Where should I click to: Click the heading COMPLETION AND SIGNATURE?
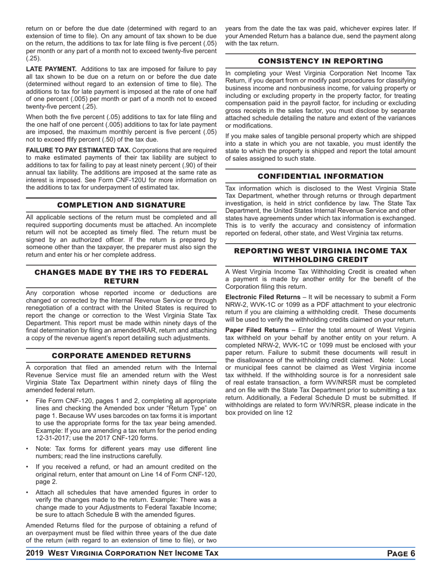click(x=121, y=205)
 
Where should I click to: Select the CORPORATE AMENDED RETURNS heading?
click(x=121, y=355)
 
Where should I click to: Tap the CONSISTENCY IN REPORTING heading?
click(x=321, y=61)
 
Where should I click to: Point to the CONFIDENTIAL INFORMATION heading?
click(x=321, y=176)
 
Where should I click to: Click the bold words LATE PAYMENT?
click(x=51, y=69)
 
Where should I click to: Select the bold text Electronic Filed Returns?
click(x=262, y=297)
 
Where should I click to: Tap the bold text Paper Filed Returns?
click(x=255, y=330)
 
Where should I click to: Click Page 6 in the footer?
click(x=401, y=553)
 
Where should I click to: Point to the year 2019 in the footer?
click(x=35, y=553)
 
